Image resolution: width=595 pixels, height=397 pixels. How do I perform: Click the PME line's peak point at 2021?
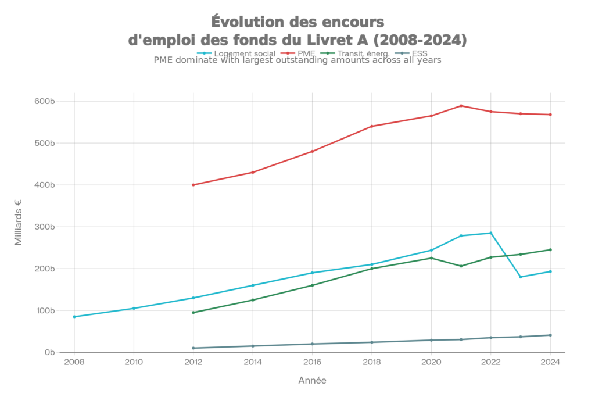[461, 106]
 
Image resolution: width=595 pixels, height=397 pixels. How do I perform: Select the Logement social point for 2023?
[521, 277]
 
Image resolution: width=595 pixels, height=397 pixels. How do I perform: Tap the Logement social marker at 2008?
[74, 317]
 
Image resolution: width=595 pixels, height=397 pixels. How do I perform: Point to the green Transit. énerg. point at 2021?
[461, 266]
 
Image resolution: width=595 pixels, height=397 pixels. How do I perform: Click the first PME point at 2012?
[193, 185]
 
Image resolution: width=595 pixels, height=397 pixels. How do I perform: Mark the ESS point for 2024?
[550, 335]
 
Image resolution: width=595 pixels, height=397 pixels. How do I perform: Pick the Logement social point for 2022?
[491, 233]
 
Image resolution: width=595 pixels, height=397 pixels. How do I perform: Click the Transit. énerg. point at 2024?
[550, 250]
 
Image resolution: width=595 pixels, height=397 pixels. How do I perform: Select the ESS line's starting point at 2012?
[193, 348]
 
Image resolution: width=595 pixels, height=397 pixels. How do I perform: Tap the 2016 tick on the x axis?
[312, 362]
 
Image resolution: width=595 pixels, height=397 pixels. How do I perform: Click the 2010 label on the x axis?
[134, 362]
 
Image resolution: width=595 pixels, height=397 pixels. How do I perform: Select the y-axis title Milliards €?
[19, 223]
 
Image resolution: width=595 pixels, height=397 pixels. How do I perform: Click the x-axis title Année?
[312, 381]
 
